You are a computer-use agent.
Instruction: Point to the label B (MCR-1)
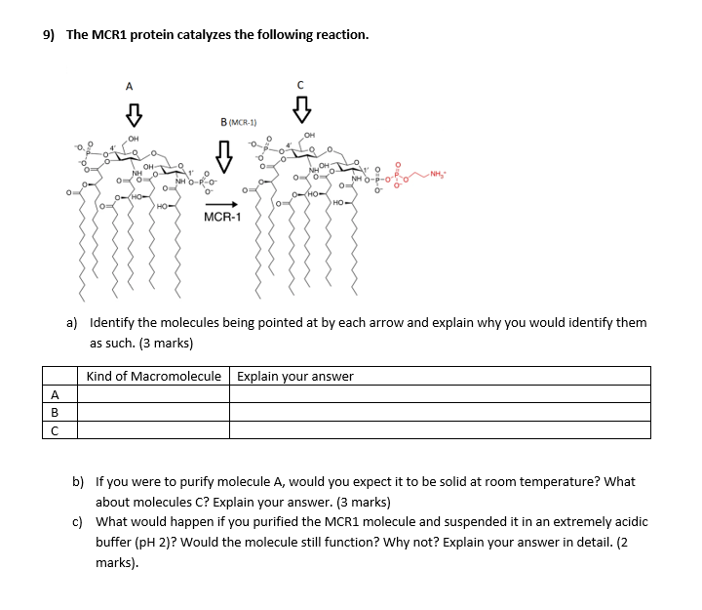pos(238,122)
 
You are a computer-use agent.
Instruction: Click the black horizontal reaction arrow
pos(222,204)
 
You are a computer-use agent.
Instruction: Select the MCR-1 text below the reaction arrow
pos(222,218)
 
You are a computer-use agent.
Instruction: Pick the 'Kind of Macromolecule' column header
pos(154,377)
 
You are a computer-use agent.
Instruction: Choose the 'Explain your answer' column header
pos(295,377)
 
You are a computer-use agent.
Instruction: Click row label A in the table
pos(56,394)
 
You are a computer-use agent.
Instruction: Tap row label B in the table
pos(56,412)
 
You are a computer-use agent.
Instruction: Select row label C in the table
pos(56,430)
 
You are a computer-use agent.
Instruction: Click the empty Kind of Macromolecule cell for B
pos(154,412)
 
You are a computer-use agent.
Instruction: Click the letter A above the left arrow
pos(130,86)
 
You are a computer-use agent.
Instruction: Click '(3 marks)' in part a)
pos(164,344)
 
